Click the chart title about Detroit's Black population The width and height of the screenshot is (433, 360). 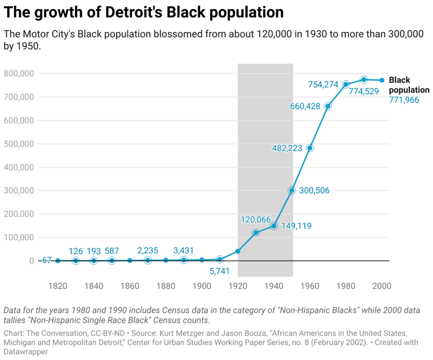[144, 12]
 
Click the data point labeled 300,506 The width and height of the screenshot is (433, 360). [291, 191]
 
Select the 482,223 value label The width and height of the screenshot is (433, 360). [287, 148]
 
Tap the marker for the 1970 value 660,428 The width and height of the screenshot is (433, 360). [328, 106]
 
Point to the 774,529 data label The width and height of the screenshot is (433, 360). [364, 91]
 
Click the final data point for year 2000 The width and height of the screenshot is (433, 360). [382, 80]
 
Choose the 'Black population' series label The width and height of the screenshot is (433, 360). [409, 85]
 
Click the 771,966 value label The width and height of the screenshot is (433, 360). [404, 100]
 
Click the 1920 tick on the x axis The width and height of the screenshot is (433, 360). [238, 287]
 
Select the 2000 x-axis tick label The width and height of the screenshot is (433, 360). [382, 287]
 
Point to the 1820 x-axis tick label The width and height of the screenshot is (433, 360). [58, 287]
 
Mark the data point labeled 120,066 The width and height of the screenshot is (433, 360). [255, 232]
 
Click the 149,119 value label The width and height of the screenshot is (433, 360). [297, 226]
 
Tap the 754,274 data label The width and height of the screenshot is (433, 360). [323, 85]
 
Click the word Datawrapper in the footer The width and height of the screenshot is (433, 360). [26, 352]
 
